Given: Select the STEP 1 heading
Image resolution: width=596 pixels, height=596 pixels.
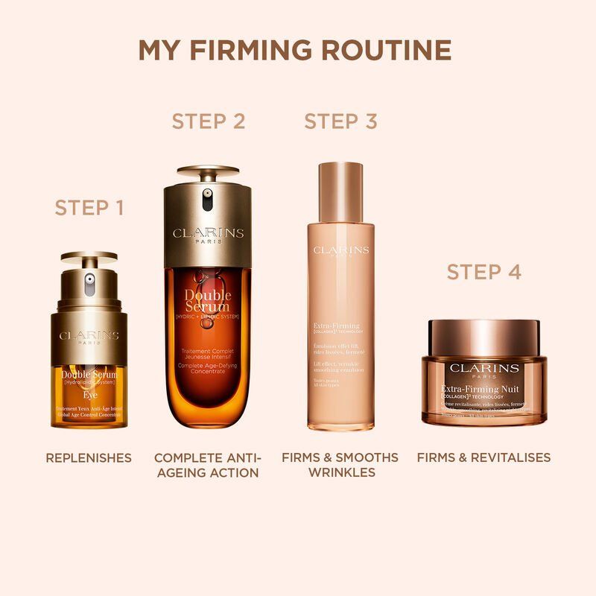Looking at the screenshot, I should [89, 208].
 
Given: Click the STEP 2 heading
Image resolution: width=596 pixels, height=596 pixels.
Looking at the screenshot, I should [209, 121].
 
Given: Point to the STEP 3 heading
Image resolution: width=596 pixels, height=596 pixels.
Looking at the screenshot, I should [340, 121].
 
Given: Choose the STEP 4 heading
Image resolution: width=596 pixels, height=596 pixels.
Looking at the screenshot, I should [484, 272].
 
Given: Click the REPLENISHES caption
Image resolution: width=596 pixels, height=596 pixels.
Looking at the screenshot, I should [89, 457].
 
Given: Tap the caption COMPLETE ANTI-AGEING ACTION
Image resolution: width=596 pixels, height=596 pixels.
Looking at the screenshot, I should [206, 465].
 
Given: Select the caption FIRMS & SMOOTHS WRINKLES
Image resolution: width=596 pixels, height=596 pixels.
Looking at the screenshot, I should [340, 465].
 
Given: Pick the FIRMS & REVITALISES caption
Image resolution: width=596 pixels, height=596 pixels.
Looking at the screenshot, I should [484, 457].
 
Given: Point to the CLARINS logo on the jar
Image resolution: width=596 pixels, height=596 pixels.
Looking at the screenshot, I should [484, 368].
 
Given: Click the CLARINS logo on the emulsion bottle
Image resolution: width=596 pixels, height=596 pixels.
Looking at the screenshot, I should [340, 250].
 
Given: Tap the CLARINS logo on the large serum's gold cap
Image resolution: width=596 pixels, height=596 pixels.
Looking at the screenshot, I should [209, 234].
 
